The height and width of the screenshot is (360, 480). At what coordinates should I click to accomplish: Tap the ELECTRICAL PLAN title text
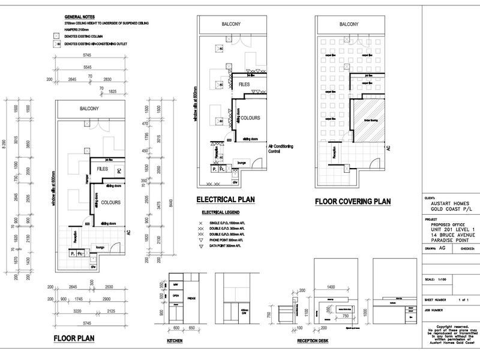226,200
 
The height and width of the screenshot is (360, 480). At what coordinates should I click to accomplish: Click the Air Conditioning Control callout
282,148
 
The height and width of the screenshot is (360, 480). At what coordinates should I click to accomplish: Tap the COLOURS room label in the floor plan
112,202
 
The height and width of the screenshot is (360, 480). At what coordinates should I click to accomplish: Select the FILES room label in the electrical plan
244,85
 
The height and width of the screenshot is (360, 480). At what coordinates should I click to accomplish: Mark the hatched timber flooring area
365,121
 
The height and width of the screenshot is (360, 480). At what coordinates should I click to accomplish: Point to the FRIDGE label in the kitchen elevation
192,298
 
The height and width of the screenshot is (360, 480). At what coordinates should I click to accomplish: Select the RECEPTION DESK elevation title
312,341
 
